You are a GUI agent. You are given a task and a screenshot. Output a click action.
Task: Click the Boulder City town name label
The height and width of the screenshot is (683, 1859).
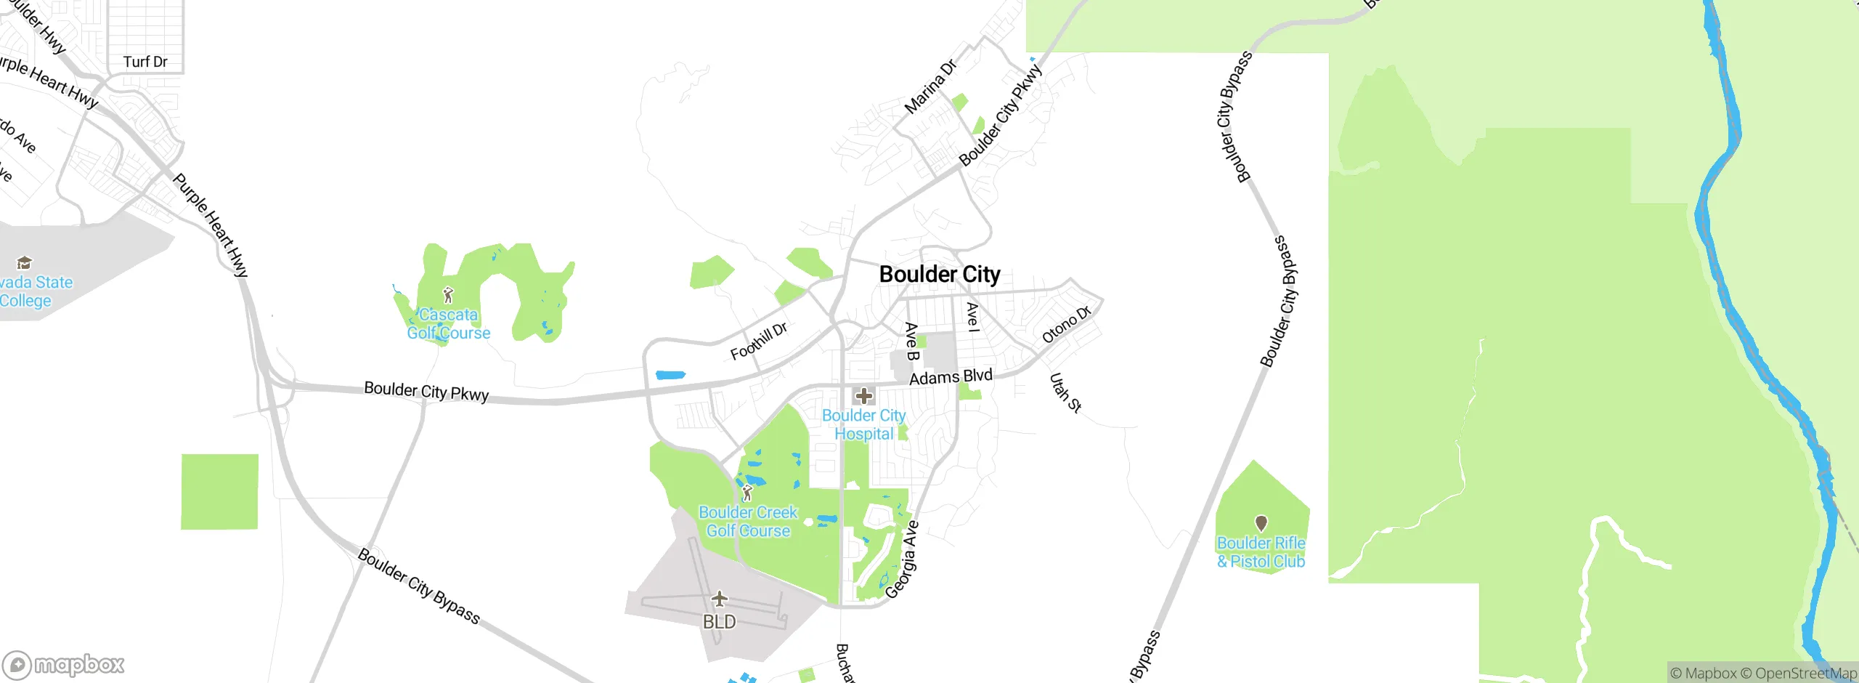(940, 275)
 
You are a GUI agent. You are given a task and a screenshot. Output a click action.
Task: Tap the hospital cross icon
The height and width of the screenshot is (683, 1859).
(863, 396)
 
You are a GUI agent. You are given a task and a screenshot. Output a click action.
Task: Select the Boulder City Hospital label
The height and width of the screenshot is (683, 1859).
(863, 424)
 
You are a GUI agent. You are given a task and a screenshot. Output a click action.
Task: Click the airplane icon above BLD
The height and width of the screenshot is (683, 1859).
(719, 599)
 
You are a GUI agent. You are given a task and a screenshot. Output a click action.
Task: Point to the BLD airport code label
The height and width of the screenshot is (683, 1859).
(719, 622)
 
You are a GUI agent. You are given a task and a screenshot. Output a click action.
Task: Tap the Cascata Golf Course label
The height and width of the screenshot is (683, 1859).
(449, 324)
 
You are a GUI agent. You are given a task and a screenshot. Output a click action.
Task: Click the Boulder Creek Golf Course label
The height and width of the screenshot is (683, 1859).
(748, 522)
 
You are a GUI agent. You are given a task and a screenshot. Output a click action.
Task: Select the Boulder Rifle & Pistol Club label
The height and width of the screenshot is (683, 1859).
(1261, 552)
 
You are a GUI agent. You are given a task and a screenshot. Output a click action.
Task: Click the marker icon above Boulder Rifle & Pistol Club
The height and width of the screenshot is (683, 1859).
(1261, 523)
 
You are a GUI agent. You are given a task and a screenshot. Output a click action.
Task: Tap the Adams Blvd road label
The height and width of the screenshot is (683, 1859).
(951, 376)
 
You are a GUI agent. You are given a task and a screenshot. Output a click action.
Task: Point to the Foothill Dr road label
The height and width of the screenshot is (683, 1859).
(759, 341)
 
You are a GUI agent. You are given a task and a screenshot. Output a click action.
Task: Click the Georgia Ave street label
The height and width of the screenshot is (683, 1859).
(903, 559)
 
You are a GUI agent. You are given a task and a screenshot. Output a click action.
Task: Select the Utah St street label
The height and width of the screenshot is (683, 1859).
(1065, 392)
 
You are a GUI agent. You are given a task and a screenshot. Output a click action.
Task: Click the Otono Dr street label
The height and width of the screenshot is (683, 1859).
(1066, 325)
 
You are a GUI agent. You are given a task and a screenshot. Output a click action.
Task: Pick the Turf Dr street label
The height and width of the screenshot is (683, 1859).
(145, 62)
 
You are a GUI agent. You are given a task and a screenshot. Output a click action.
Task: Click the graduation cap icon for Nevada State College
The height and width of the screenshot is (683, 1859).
(25, 262)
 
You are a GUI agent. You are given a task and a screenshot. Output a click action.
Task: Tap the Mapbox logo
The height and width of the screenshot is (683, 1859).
(64, 664)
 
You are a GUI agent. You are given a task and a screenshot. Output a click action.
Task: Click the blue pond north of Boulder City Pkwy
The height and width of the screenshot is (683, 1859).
(670, 376)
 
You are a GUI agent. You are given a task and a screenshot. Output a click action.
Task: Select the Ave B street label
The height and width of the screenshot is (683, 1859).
(911, 341)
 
